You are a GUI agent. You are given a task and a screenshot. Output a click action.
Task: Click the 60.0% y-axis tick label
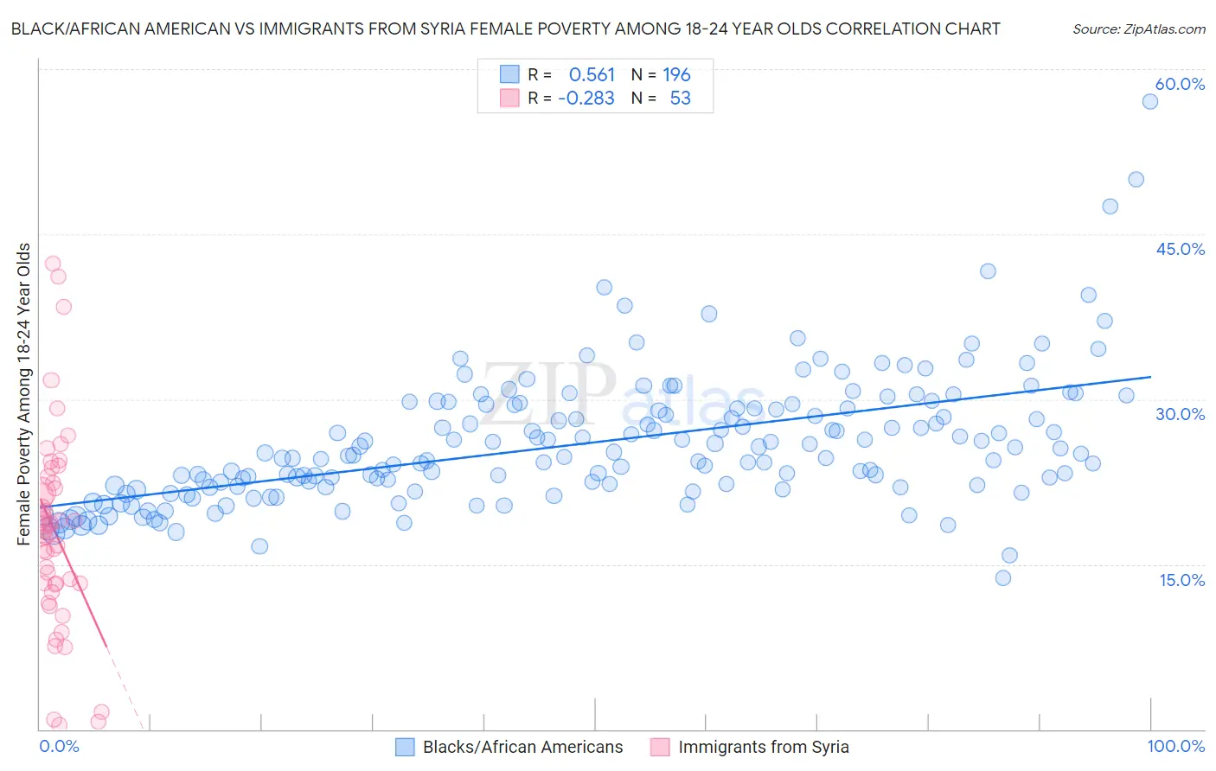1180,84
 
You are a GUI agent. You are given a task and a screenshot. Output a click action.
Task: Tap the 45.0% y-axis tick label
1180,249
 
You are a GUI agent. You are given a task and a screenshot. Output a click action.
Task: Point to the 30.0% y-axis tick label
1180,414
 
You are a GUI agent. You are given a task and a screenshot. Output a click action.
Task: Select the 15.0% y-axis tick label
1181,579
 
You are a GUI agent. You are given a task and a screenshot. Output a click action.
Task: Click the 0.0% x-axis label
59,746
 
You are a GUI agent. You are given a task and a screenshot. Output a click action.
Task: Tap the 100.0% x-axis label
1175,746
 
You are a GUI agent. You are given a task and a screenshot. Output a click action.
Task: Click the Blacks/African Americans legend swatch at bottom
405,747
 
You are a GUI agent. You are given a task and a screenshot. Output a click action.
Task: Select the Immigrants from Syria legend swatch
660,747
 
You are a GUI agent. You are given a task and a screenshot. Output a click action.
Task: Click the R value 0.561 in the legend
592,75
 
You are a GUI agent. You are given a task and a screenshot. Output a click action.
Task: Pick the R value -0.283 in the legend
586,99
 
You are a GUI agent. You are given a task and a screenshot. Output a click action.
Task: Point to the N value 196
676,75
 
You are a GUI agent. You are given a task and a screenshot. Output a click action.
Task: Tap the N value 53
680,99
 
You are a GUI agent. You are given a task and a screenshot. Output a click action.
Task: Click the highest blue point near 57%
1149,101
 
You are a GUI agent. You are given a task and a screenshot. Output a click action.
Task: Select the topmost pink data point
53,264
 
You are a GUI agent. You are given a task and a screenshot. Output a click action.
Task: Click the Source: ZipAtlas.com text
1138,29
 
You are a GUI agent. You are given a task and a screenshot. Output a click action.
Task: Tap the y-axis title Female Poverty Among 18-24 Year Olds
24,394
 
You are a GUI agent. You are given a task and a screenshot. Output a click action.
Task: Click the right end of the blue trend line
1150,377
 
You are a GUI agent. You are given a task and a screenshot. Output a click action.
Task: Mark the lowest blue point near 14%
1003,577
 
